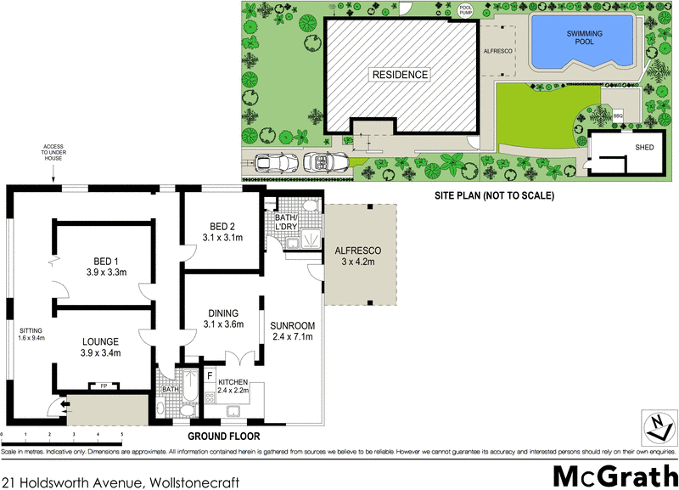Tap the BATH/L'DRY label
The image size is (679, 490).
(x=284, y=223)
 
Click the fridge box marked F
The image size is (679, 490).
(x=210, y=374)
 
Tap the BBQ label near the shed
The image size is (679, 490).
(x=618, y=114)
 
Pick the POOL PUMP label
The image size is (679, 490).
(x=465, y=10)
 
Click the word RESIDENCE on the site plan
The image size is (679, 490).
(x=400, y=75)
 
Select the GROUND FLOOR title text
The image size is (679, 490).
(x=225, y=436)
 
